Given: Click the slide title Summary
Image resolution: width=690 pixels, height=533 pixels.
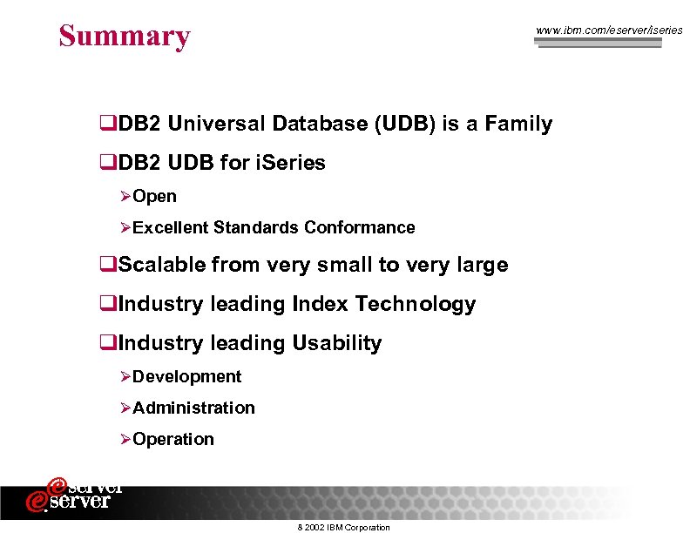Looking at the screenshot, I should point(125,36).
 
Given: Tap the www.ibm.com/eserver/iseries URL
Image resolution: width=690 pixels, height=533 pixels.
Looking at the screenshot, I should point(609,30).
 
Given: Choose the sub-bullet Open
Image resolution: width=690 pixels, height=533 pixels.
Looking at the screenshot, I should point(154,197).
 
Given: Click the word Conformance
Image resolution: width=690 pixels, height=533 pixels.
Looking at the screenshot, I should point(360,228).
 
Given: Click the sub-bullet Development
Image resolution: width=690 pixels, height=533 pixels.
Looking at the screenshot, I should point(186,377).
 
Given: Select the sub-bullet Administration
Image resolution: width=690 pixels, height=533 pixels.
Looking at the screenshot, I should point(193,408).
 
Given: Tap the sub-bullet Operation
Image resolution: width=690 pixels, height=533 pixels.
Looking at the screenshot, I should point(173,440).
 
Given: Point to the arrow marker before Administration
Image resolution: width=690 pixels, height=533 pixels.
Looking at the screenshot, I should point(125,408).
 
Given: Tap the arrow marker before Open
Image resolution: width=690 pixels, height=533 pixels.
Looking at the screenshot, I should point(125,197).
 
